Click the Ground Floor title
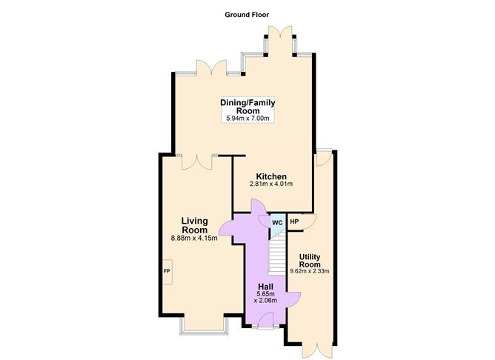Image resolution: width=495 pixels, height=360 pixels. (x=248, y=14)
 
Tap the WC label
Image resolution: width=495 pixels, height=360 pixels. (x=276, y=221)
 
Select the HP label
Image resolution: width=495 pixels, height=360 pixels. (x=294, y=221)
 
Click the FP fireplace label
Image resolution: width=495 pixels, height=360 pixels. (x=166, y=272)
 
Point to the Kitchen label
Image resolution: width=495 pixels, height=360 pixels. (x=271, y=176)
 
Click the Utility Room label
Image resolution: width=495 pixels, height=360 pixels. (x=310, y=261)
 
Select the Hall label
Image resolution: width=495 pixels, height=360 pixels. (x=266, y=286)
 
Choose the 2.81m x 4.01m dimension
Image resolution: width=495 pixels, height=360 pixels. (x=271, y=184)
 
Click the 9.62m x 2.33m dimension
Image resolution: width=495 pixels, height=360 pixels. (x=310, y=271)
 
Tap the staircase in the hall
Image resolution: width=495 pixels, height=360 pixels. (x=276, y=256)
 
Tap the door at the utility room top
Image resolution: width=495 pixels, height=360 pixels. (x=323, y=159)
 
